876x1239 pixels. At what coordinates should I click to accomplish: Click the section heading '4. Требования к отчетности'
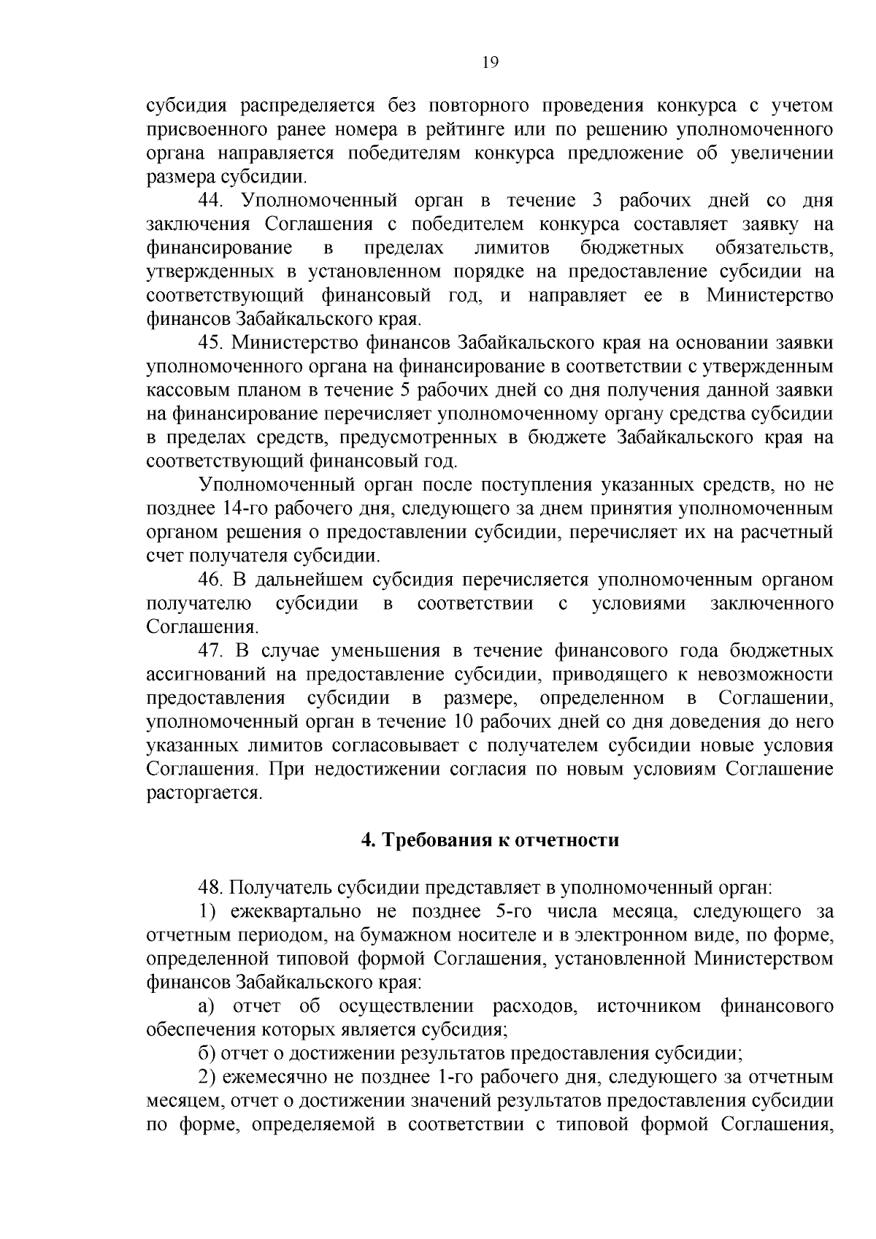coord(490,840)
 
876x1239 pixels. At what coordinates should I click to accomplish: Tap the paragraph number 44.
coord(213,201)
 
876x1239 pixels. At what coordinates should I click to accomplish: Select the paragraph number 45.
coord(213,343)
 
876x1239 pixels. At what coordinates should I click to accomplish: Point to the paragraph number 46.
coord(213,580)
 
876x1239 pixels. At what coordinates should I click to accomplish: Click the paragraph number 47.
coord(213,651)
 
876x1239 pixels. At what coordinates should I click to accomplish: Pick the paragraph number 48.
coord(213,888)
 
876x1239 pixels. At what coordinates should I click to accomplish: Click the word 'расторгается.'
coord(204,794)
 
